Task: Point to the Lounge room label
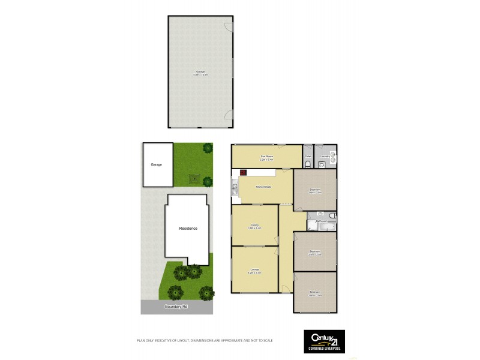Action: [254, 271]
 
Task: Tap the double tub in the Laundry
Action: [332, 158]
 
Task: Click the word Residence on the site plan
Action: [188, 229]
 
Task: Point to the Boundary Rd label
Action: [177, 307]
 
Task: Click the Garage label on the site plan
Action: [156, 164]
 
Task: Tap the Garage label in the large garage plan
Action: [200, 73]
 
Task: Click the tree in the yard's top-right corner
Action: [208, 148]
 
